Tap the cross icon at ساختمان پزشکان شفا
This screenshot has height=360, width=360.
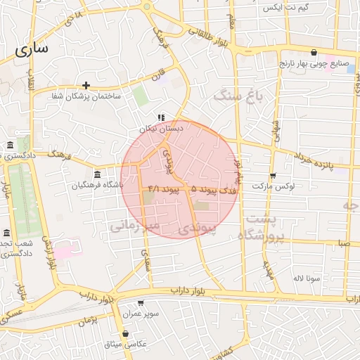[x=86, y=84]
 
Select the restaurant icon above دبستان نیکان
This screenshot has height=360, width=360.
[x=161, y=117]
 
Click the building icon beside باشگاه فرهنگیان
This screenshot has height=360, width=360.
[x=97, y=174]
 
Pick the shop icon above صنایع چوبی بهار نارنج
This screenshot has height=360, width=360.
[x=313, y=53]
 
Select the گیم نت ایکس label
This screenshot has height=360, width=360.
[x=285, y=8]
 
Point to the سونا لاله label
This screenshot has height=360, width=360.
[x=307, y=278]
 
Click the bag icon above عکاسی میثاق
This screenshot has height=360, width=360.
[x=125, y=333]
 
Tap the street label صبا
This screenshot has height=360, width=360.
[x=342, y=243]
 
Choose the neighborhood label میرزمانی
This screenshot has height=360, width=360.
[x=134, y=225]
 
